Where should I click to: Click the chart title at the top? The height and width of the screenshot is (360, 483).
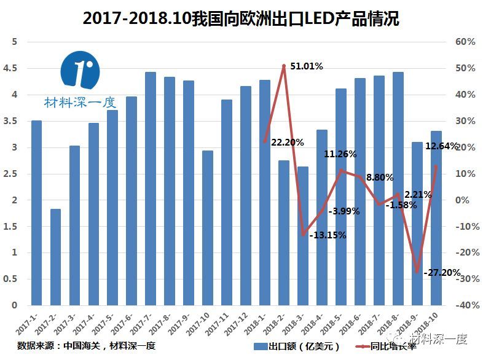[x=241, y=19]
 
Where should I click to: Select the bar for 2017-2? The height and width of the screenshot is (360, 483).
[x=55, y=257]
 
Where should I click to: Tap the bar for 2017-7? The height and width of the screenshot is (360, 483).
[x=151, y=189]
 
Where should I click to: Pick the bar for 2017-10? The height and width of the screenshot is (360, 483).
[x=208, y=228]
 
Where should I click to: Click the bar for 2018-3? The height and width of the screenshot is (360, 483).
[x=302, y=236]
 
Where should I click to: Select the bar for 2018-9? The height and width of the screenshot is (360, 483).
[x=417, y=224]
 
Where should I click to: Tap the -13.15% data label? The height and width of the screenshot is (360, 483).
[x=328, y=235]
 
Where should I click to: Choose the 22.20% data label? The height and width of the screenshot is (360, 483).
[x=287, y=142]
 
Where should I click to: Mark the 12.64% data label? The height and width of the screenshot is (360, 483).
[x=441, y=146]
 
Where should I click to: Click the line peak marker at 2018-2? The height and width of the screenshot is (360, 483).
[x=284, y=66]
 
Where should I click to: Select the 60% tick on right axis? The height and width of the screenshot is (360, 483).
[x=465, y=42]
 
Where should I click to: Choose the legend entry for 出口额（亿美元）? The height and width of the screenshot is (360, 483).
[x=299, y=346]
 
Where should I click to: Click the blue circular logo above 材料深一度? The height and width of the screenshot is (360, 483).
[x=80, y=71]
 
